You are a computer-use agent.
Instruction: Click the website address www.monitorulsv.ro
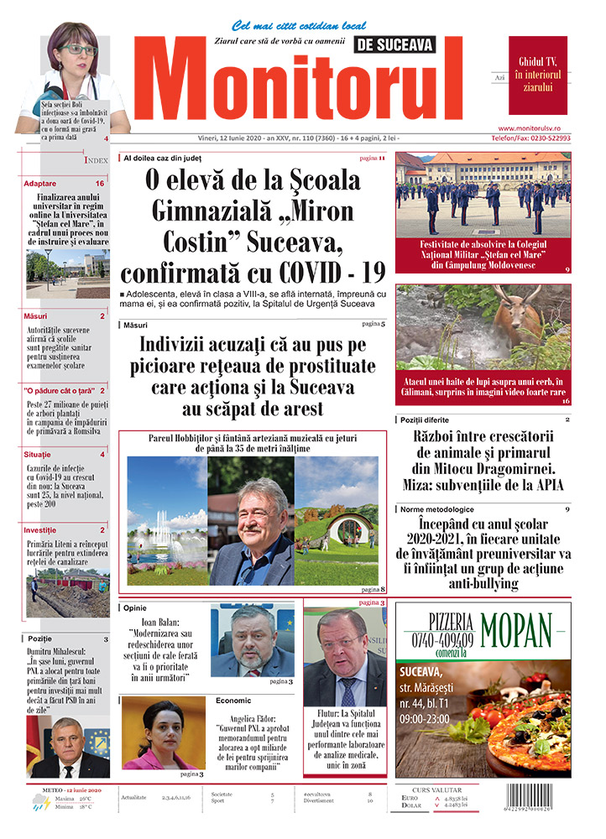click(541, 128)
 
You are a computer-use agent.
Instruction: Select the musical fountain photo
click(166, 520)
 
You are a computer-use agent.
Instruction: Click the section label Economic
click(233, 700)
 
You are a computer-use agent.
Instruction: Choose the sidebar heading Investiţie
click(40, 530)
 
